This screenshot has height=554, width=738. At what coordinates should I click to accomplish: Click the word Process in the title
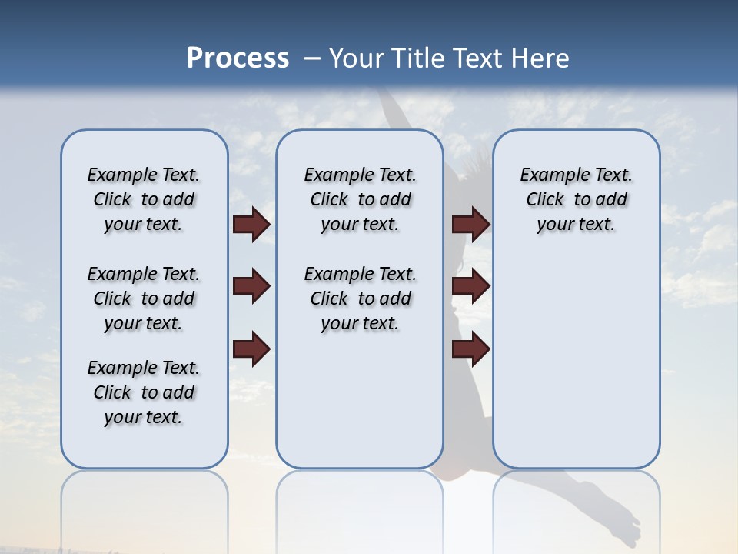click(x=238, y=58)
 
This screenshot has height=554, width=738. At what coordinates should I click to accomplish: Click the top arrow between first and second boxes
click(x=251, y=224)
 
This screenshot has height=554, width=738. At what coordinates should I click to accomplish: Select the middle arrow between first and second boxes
click(x=251, y=286)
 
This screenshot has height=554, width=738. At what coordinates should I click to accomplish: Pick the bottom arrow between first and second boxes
click(x=251, y=349)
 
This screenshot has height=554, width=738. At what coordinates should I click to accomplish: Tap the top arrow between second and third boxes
click(x=470, y=224)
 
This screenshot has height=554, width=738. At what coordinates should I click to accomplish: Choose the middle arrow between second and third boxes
click(x=470, y=286)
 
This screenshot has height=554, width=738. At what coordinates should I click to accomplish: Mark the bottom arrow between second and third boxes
click(x=470, y=349)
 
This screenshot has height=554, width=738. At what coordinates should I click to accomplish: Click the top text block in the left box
click(x=144, y=199)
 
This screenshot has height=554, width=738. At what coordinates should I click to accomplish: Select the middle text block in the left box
click(x=144, y=299)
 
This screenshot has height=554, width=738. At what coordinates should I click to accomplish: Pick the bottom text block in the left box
click(x=144, y=392)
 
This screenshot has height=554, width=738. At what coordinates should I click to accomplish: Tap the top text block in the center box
click(x=360, y=199)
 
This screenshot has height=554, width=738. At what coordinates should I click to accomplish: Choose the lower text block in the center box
click(x=360, y=299)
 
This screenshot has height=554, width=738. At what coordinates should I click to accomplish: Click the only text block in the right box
click(x=576, y=199)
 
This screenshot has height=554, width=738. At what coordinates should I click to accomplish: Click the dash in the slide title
click(x=312, y=58)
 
